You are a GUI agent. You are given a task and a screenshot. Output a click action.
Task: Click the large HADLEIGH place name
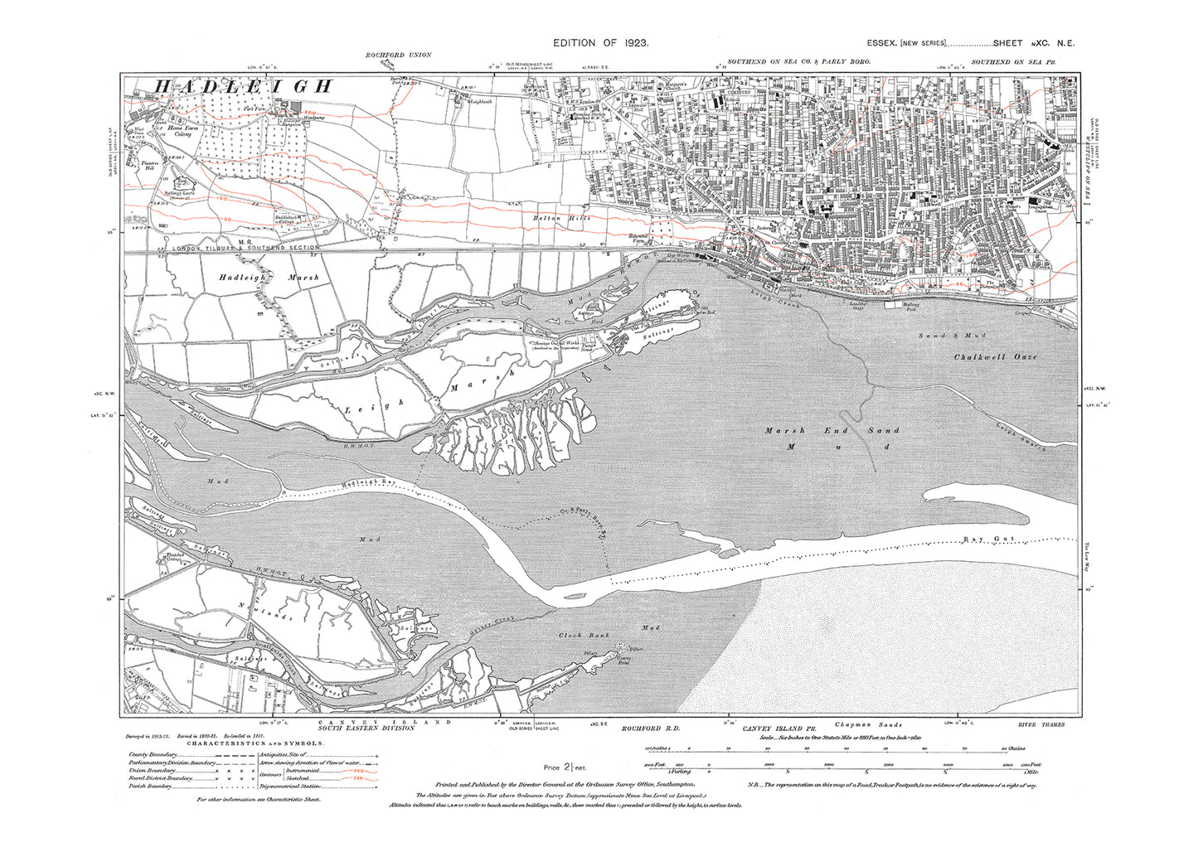click(245, 86)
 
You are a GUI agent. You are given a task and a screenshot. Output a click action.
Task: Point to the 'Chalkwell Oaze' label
click(995, 356)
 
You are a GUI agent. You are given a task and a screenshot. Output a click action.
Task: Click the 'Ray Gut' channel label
click(985, 540)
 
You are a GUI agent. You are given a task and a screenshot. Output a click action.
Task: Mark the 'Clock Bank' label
click(579, 636)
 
